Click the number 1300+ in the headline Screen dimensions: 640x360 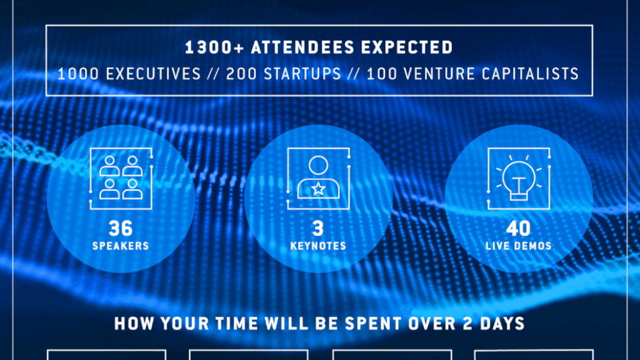click(x=214, y=47)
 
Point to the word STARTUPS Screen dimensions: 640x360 click(x=302, y=74)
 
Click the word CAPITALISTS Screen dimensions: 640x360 click(x=530, y=74)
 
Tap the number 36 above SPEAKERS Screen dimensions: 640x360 click(x=121, y=228)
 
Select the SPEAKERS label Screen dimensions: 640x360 click(x=121, y=246)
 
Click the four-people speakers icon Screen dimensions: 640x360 click(x=121, y=177)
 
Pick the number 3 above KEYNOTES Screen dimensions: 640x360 click(x=319, y=228)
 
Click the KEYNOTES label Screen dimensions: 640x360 click(x=319, y=246)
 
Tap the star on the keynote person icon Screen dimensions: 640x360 click(x=319, y=189)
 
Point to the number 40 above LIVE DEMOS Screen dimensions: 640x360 click(x=519, y=228)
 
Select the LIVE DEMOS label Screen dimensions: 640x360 click(x=519, y=246)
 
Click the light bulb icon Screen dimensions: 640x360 click(x=519, y=178)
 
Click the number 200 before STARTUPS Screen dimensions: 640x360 click(x=241, y=74)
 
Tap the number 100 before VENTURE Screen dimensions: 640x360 click(x=381, y=74)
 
